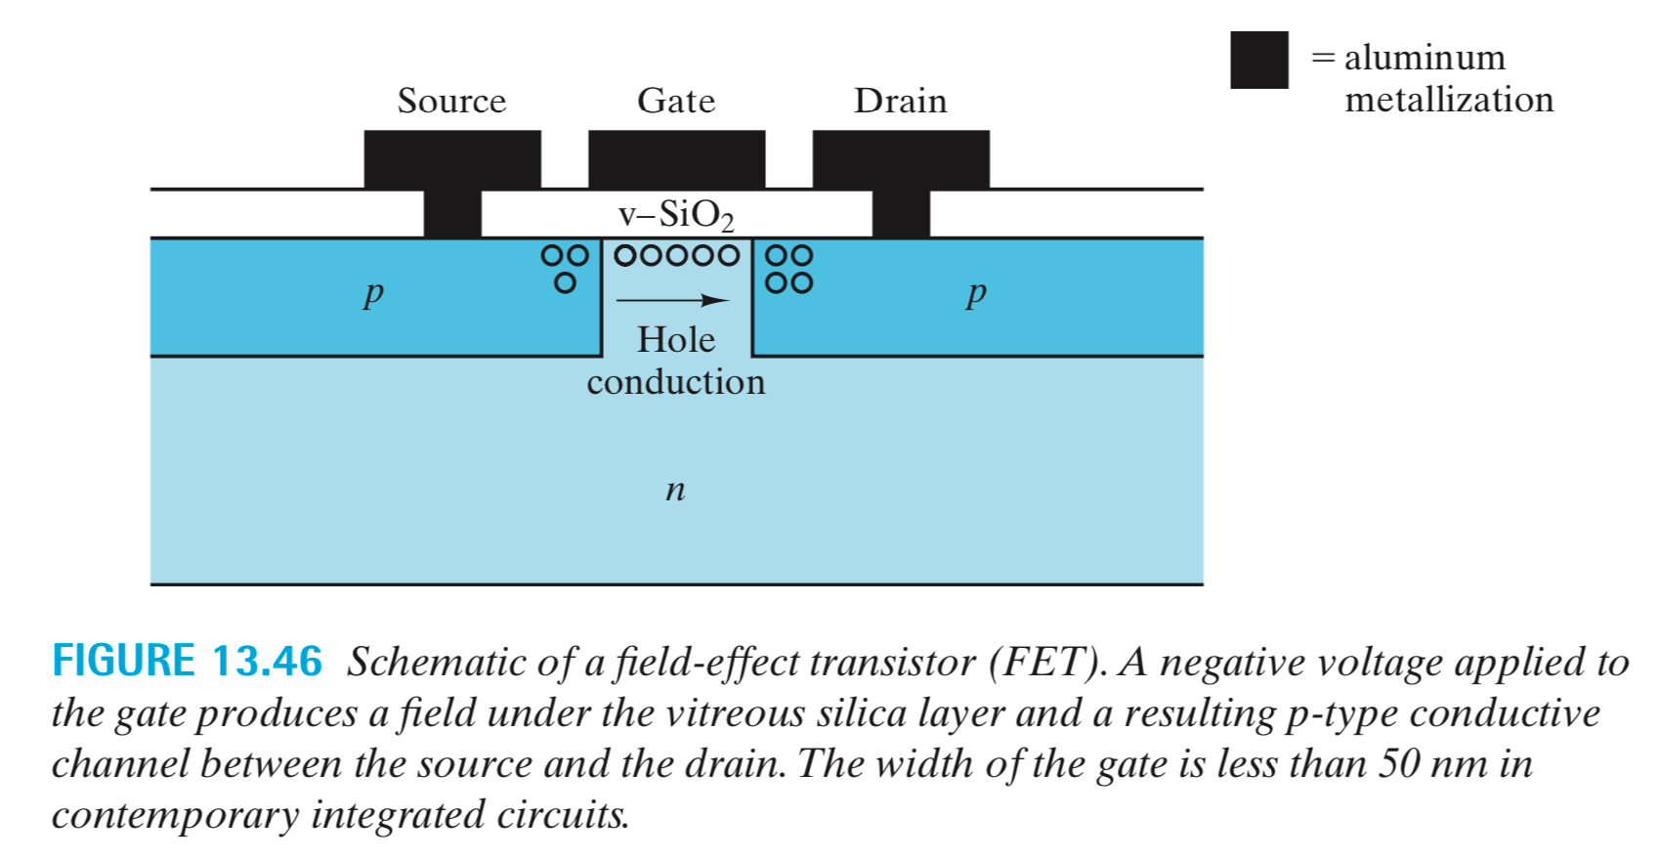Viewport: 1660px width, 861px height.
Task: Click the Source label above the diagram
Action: [x=451, y=101]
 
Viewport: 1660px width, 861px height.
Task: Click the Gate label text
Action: [x=676, y=101]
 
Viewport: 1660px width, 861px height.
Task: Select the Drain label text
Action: [x=900, y=101]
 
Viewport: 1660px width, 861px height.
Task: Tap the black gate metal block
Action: [x=676, y=158]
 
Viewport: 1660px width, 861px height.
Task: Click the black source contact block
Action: [x=452, y=160]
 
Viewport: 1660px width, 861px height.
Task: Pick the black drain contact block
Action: [x=901, y=160]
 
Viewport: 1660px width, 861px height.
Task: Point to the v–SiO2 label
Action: [x=676, y=214]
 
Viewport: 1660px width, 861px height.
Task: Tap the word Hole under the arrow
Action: [x=676, y=339]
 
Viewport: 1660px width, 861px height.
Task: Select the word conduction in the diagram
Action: [x=676, y=381]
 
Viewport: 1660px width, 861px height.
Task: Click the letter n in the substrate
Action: [x=675, y=488]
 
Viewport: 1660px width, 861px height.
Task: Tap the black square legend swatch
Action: [x=1258, y=61]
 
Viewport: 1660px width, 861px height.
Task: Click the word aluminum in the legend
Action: [x=1425, y=58]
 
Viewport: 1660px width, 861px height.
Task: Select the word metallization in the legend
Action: [x=1449, y=100]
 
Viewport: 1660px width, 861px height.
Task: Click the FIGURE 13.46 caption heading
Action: [x=187, y=662]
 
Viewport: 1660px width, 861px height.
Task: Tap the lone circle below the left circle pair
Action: [x=565, y=283]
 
